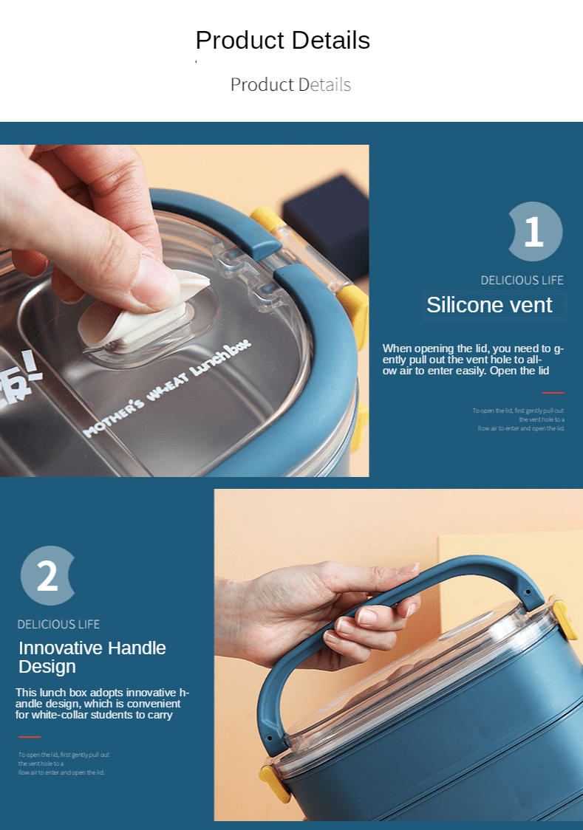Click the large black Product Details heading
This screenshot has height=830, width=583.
282,40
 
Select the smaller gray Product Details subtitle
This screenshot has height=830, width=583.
290,84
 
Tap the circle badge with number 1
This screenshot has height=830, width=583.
534,232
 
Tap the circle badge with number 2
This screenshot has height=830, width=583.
47,576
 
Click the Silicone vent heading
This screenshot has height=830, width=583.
489,305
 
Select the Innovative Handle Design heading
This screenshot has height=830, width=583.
92,657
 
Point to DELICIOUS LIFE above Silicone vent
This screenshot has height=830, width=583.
522,280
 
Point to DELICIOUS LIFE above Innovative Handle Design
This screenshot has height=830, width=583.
58,624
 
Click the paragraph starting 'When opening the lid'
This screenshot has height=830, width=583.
473,360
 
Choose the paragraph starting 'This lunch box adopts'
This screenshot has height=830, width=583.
102,704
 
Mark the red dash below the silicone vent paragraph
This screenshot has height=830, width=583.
552,393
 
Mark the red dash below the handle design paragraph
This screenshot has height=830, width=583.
29,737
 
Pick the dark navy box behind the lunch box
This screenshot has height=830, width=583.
325,222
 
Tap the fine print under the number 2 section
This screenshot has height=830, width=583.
64,763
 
